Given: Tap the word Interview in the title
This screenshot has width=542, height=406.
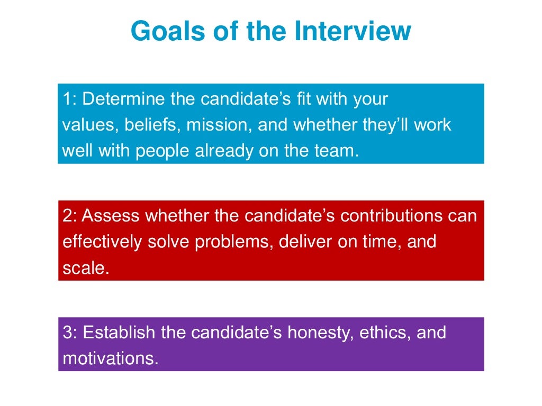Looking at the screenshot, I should click(353, 31).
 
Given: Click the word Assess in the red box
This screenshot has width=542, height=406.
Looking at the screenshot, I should click(111, 216).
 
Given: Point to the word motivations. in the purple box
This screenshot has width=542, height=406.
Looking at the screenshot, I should click(111, 359).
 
